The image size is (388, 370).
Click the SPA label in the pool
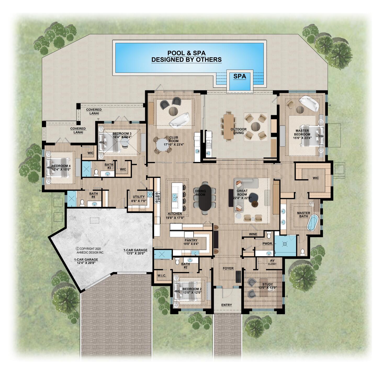pos(239,76)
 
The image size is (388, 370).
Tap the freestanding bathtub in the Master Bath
pos(312,223)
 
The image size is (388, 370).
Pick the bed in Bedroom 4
pos(59,167)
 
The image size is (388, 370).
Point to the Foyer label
pos(228,268)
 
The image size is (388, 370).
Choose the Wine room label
pos(253,234)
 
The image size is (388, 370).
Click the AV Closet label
pos(272,262)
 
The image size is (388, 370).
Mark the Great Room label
pos(242,193)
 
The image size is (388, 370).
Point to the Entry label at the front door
pos(226,305)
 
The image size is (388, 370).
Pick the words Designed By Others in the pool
pos(187,60)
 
